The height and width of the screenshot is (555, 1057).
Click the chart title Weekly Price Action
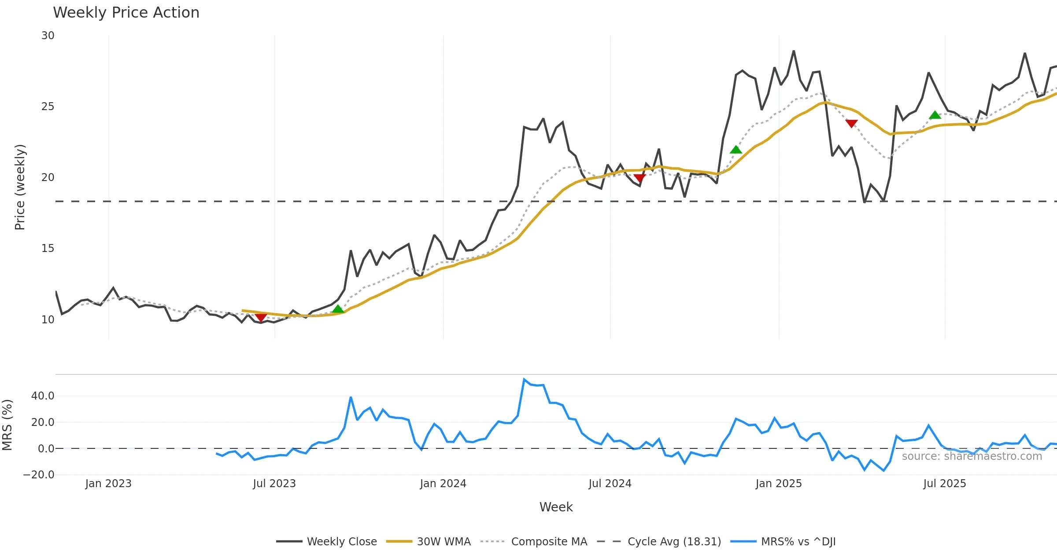click(x=126, y=13)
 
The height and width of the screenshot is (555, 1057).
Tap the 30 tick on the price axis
click(x=48, y=36)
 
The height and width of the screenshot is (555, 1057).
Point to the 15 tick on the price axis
click(x=48, y=248)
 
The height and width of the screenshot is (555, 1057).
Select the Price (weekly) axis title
click(x=20, y=187)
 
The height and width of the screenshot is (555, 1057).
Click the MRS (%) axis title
click(x=7, y=425)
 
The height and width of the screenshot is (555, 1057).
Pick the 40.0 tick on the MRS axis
click(x=43, y=396)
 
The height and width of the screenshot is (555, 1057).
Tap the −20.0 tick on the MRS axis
click(x=39, y=475)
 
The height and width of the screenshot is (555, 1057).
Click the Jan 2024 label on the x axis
click(x=443, y=484)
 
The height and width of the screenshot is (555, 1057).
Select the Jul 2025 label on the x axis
click(x=945, y=484)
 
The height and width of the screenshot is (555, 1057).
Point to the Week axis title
click(x=556, y=507)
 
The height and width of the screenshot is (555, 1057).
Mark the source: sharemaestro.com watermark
click(x=972, y=456)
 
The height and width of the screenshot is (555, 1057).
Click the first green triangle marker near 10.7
click(x=338, y=309)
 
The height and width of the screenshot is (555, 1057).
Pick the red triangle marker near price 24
click(x=851, y=124)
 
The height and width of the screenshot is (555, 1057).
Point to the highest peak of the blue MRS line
click(x=524, y=379)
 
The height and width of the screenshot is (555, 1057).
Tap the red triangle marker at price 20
click(x=639, y=178)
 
